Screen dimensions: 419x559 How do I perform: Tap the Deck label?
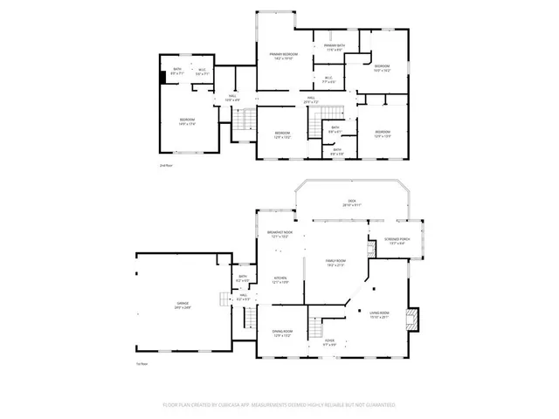click(x=352, y=203)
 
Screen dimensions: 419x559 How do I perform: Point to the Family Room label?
click(x=335, y=263)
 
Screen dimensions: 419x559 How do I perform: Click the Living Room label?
click(x=379, y=314)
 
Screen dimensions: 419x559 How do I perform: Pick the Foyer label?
click(x=329, y=341)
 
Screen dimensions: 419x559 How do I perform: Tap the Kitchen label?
click(x=279, y=279)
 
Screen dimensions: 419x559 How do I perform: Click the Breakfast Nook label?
click(x=279, y=234)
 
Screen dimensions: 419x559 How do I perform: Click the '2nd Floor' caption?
click(x=165, y=165)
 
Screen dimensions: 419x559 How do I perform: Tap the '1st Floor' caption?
click(x=141, y=363)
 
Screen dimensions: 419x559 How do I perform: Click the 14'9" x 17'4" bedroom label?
click(x=188, y=121)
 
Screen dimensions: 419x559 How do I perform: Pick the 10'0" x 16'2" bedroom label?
click(x=382, y=68)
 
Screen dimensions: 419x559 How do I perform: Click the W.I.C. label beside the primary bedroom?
click(x=329, y=80)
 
